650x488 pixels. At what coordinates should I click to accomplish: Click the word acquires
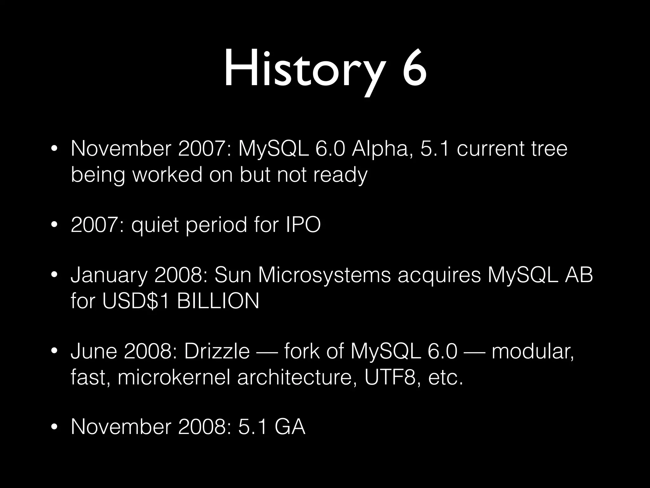(x=439, y=275)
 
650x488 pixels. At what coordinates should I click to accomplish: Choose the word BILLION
(x=218, y=301)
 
